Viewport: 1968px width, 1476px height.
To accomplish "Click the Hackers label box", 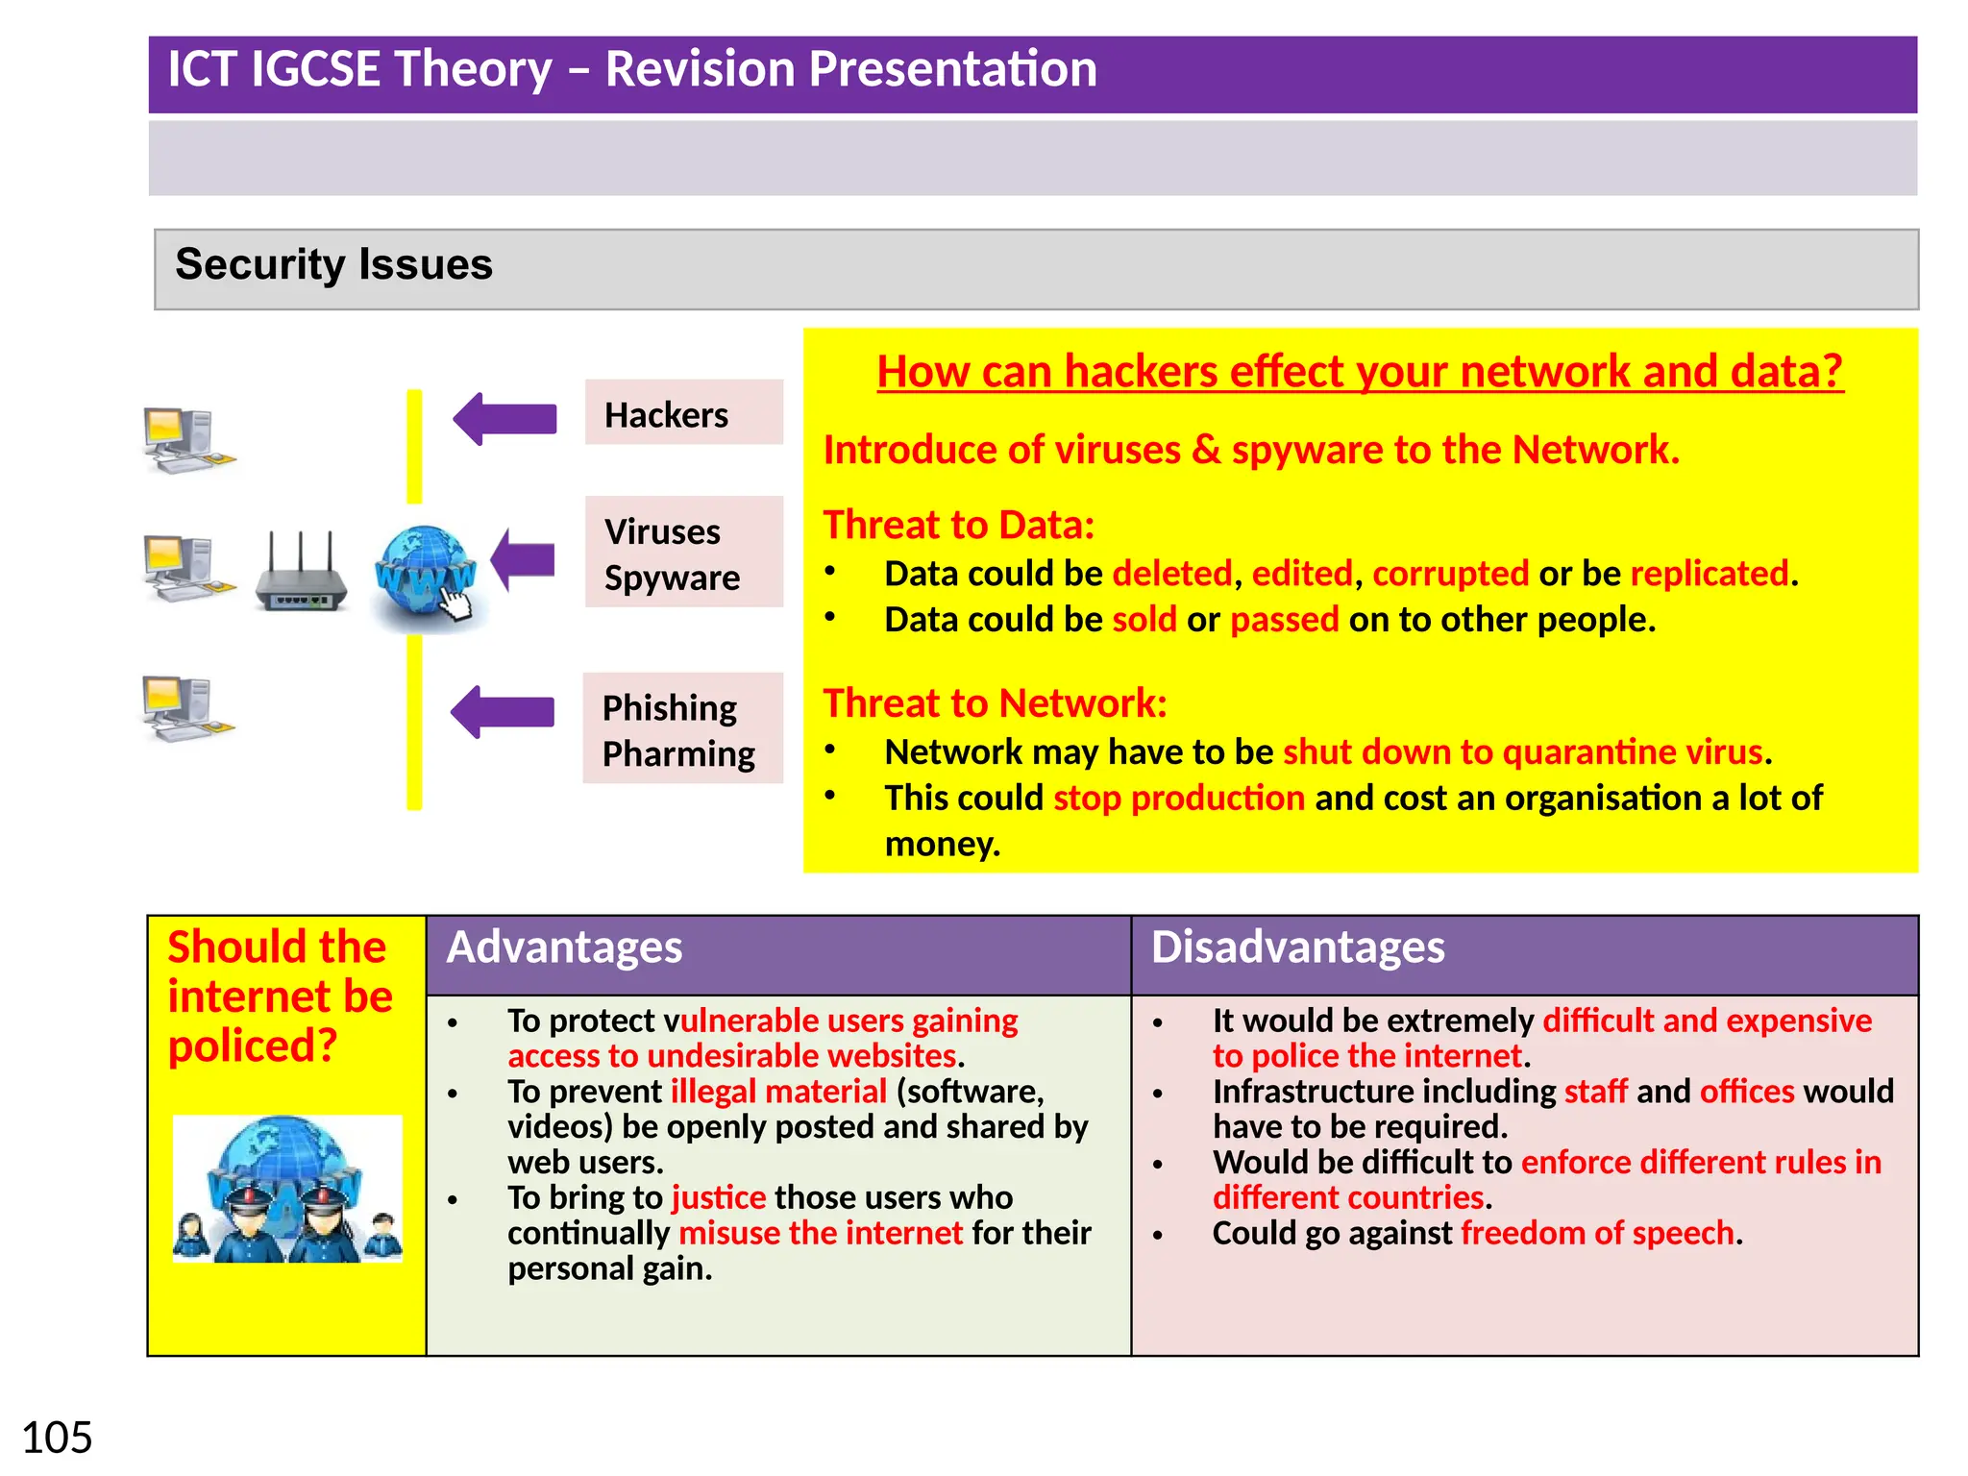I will point(683,412).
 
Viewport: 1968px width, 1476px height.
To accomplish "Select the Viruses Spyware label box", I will point(683,552).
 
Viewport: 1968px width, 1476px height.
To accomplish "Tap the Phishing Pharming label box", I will point(682,728).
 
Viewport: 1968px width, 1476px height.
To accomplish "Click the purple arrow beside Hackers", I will point(506,419).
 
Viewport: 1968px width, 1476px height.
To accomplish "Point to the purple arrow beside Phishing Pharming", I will point(504,712).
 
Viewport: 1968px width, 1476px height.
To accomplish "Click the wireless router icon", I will point(301,575).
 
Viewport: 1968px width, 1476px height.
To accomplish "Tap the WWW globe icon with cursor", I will point(426,575).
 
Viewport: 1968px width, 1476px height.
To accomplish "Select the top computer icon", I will point(185,440).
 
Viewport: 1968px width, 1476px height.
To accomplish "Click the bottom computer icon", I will point(185,708).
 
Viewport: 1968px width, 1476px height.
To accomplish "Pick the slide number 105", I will point(57,1438).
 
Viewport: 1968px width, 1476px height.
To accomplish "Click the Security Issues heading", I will point(333,264).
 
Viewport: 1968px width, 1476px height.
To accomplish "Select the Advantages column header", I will point(565,947).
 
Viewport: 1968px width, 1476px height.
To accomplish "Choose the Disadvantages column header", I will point(1297,947).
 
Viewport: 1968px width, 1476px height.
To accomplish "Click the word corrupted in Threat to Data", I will point(1450,574).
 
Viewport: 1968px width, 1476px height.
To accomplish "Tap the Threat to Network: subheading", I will point(995,703).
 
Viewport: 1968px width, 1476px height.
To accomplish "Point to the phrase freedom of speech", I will point(1597,1233).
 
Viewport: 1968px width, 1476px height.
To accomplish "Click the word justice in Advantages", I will point(719,1197).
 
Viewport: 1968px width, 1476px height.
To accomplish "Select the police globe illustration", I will point(287,1189).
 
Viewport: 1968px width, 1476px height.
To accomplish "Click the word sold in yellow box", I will point(1144,620).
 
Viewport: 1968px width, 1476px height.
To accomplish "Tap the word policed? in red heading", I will point(253,1046).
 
